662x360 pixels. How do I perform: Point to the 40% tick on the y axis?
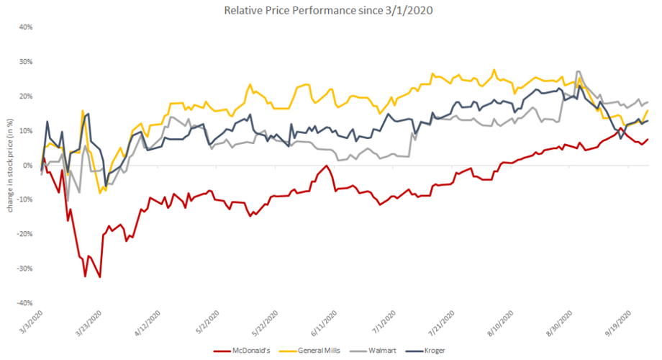pos(26,27)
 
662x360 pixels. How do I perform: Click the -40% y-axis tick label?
pos(24,303)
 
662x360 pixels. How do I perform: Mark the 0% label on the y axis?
pos(28,166)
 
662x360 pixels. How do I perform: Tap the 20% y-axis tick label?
pos(26,96)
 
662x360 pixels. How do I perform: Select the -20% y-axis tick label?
pos(24,234)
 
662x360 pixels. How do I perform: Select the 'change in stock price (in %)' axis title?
pos(11,166)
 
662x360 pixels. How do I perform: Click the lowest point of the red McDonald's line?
pos(100,277)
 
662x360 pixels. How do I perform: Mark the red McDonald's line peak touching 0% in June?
pos(327,166)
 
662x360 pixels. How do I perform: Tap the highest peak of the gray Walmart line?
pos(579,71)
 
